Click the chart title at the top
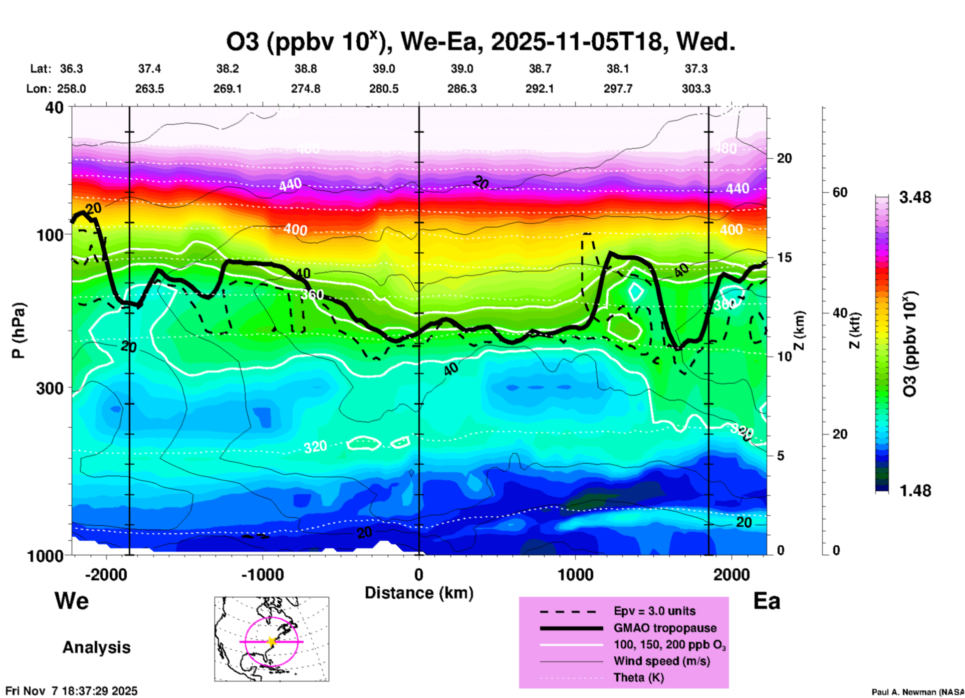click(x=480, y=42)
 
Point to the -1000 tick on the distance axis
click(x=263, y=575)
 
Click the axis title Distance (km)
click(x=419, y=593)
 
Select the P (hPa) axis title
click(x=19, y=330)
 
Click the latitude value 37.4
click(x=149, y=69)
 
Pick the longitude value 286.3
click(x=461, y=89)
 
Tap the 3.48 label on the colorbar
click(x=915, y=197)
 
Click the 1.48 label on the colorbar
click(x=915, y=491)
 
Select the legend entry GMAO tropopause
click(x=665, y=628)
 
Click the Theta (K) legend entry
click(x=638, y=677)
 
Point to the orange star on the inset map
click(x=272, y=641)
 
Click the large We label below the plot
click(x=72, y=601)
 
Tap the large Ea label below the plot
click(x=767, y=601)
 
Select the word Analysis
click(x=96, y=647)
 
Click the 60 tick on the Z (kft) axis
click(x=840, y=192)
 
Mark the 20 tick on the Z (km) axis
click(x=784, y=158)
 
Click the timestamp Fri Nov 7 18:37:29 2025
click(x=71, y=691)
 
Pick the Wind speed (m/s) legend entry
click(x=661, y=661)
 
